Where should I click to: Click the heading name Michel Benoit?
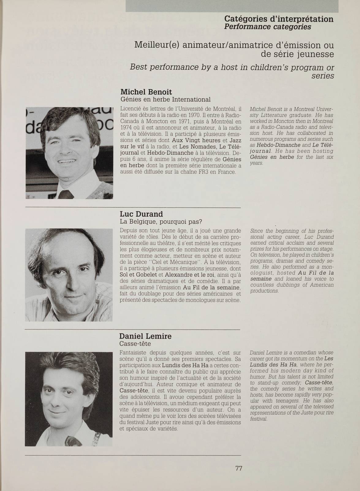point(146,92)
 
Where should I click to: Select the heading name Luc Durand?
point(141,214)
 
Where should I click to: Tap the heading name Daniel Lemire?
point(145,336)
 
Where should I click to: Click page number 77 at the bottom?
point(239,468)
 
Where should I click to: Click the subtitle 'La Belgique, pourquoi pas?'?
point(161,222)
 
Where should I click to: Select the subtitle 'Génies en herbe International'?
point(165,100)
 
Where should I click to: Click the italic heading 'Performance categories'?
point(267,27)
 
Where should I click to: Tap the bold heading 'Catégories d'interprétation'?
point(279,19)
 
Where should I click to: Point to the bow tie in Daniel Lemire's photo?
point(72,440)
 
